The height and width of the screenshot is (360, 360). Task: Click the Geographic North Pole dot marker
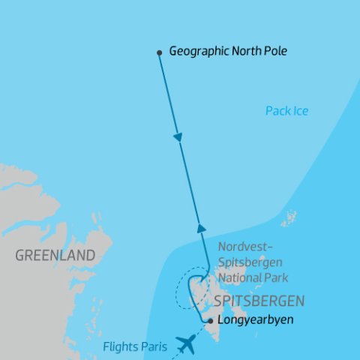159,52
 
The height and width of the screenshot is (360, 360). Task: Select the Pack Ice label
286,111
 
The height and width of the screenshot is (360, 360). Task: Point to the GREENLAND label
55,256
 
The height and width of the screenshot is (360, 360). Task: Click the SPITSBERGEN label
259,301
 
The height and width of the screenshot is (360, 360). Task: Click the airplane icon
185,343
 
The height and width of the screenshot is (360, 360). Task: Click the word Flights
119,346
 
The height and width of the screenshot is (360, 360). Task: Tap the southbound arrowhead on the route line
178,138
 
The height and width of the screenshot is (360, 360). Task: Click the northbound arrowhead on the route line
200,227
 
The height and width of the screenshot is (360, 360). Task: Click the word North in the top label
240,52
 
